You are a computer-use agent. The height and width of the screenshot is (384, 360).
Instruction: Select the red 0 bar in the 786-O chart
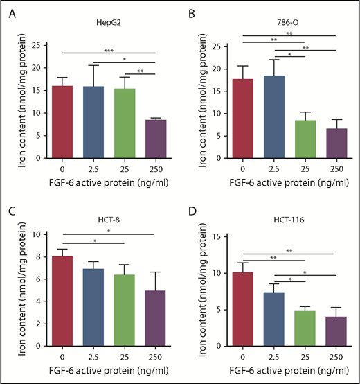click(x=242, y=119)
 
